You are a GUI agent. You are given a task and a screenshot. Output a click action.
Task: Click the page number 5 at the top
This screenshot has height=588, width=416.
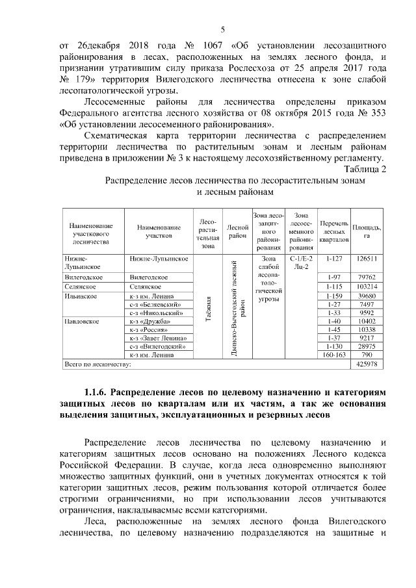click(x=222, y=30)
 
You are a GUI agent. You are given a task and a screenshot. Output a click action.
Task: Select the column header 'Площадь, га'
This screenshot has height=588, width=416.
click(x=367, y=231)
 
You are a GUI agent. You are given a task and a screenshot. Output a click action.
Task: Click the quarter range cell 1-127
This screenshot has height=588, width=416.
click(x=334, y=258)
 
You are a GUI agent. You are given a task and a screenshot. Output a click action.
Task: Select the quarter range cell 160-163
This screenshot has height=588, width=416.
click(x=334, y=355)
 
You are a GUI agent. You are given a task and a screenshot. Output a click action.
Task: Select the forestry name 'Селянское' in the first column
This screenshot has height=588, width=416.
click(x=80, y=287)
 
